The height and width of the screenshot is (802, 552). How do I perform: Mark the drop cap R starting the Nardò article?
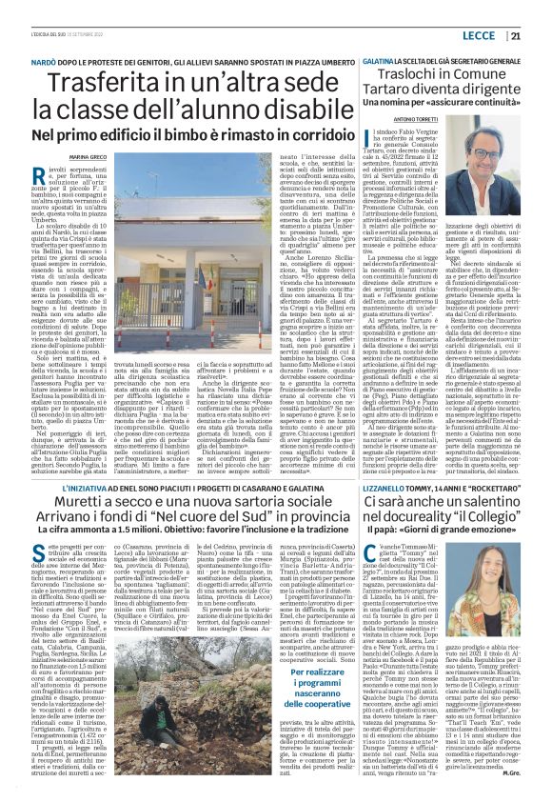[x=68, y=172]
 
